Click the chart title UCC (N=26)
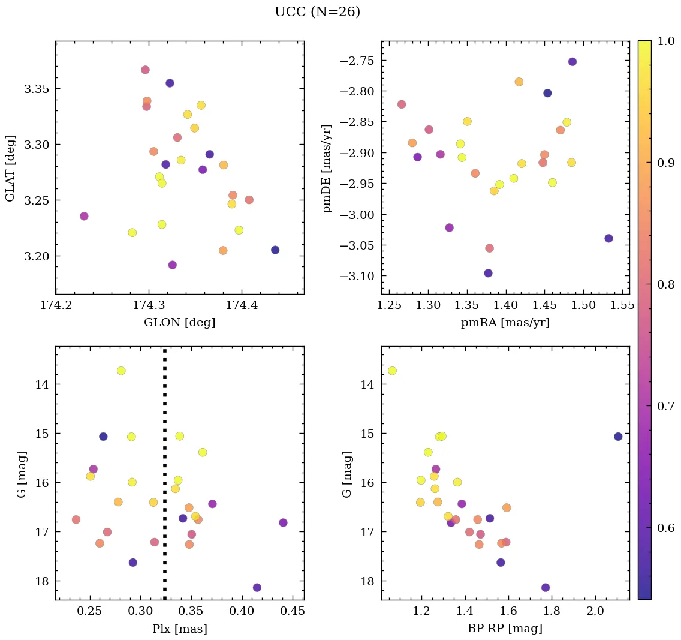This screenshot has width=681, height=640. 317,12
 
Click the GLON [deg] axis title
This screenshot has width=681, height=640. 179,323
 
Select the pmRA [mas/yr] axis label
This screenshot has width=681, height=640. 505,323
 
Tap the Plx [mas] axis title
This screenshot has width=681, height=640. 179,629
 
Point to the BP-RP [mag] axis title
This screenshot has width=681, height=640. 505,629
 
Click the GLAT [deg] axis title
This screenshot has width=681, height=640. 10,167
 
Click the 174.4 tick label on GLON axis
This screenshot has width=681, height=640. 242,306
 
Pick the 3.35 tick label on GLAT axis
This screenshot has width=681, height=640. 36,89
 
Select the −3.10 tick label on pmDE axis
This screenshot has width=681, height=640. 357,276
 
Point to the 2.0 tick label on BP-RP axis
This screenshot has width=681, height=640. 595,612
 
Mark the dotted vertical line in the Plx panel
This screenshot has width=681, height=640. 165,480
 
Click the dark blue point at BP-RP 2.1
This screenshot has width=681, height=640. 618,437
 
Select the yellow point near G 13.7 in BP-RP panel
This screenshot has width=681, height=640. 392,371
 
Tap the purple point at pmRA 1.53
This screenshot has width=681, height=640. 609,238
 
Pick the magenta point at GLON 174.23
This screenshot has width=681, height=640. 84,216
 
